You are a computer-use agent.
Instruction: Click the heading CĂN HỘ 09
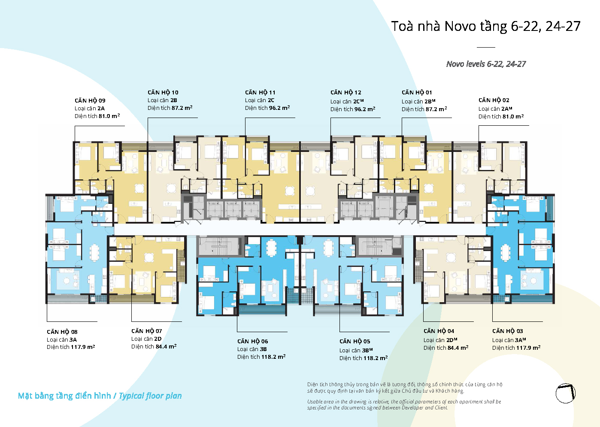pyautogui.click(x=90, y=100)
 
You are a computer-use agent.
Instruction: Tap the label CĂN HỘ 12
pyautogui.click(x=346, y=92)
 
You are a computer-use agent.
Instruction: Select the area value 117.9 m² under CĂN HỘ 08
pyautogui.click(x=83, y=347)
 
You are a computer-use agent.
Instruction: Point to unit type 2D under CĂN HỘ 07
pyautogui.click(x=158, y=339)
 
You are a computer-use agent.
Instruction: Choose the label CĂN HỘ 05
pyautogui.click(x=355, y=341)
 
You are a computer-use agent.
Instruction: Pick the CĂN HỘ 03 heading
pyautogui.click(x=508, y=331)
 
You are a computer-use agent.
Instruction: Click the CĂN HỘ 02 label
pyautogui.click(x=494, y=100)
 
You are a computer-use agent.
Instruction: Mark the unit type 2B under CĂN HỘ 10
pyautogui.click(x=173, y=100)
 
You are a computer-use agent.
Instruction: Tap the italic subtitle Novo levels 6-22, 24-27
pyautogui.click(x=486, y=64)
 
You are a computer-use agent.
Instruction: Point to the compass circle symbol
pyautogui.click(x=565, y=394)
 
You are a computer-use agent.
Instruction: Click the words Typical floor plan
pyautogui.click(x=150, y=396)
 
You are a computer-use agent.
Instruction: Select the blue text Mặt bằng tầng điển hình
pyautogui.click(x=64, y=396)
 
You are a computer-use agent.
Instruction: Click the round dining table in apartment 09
pyautogui.click(x=139, y=188)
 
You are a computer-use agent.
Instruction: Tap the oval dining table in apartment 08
pyautogui.click(x=94, y=252)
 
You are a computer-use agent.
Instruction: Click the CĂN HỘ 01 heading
pyautogui.click(x=417, y=92)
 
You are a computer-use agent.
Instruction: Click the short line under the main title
pyautogui.click(x=486, y=47)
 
